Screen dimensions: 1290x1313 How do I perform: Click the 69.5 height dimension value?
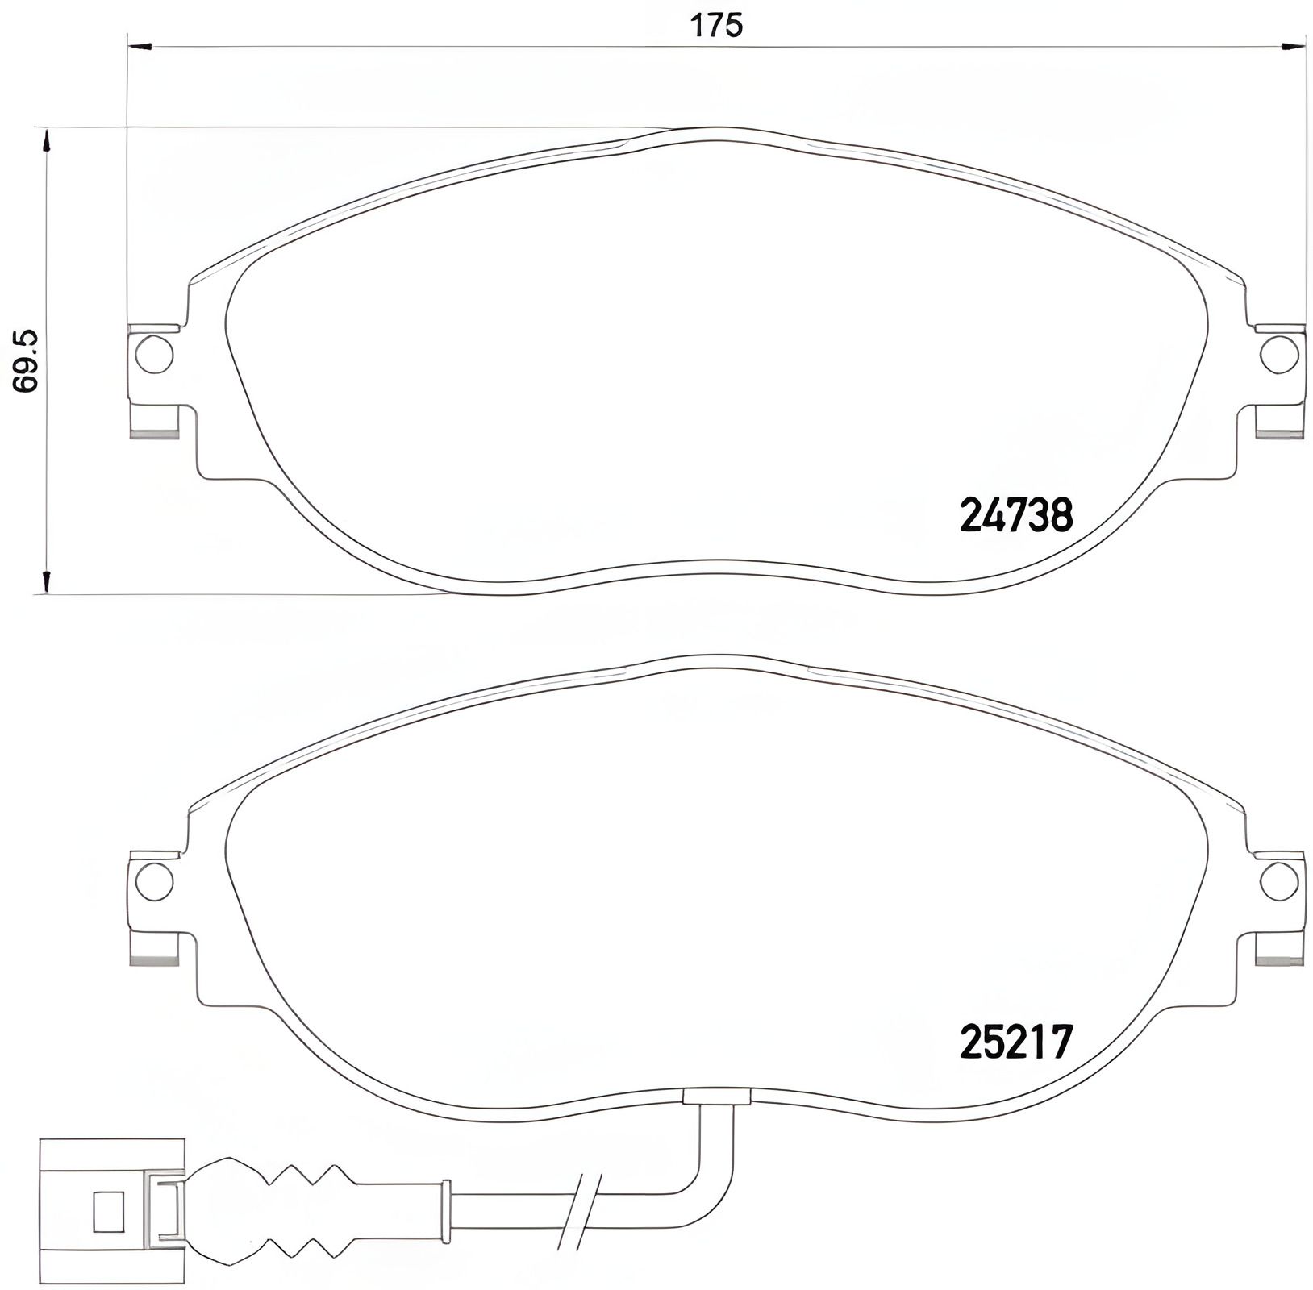pos(27,361)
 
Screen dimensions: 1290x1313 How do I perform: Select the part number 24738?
pos(1015,515)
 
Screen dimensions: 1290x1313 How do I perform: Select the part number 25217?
pos(1015,1042)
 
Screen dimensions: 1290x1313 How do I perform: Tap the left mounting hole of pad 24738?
pos(154,353)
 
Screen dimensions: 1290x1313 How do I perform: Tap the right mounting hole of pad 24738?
pos(1280,353)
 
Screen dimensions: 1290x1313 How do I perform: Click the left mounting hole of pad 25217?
pos(154,880)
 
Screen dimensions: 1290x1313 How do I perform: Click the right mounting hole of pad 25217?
pos(1280,880)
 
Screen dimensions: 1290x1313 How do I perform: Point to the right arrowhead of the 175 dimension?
pos(1294,48)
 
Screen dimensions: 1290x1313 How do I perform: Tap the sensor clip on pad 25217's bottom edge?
pos(717,1095)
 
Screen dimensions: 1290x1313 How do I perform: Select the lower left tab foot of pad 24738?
pos(154,422)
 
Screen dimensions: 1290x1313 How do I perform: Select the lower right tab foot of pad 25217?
pos(1280,947)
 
